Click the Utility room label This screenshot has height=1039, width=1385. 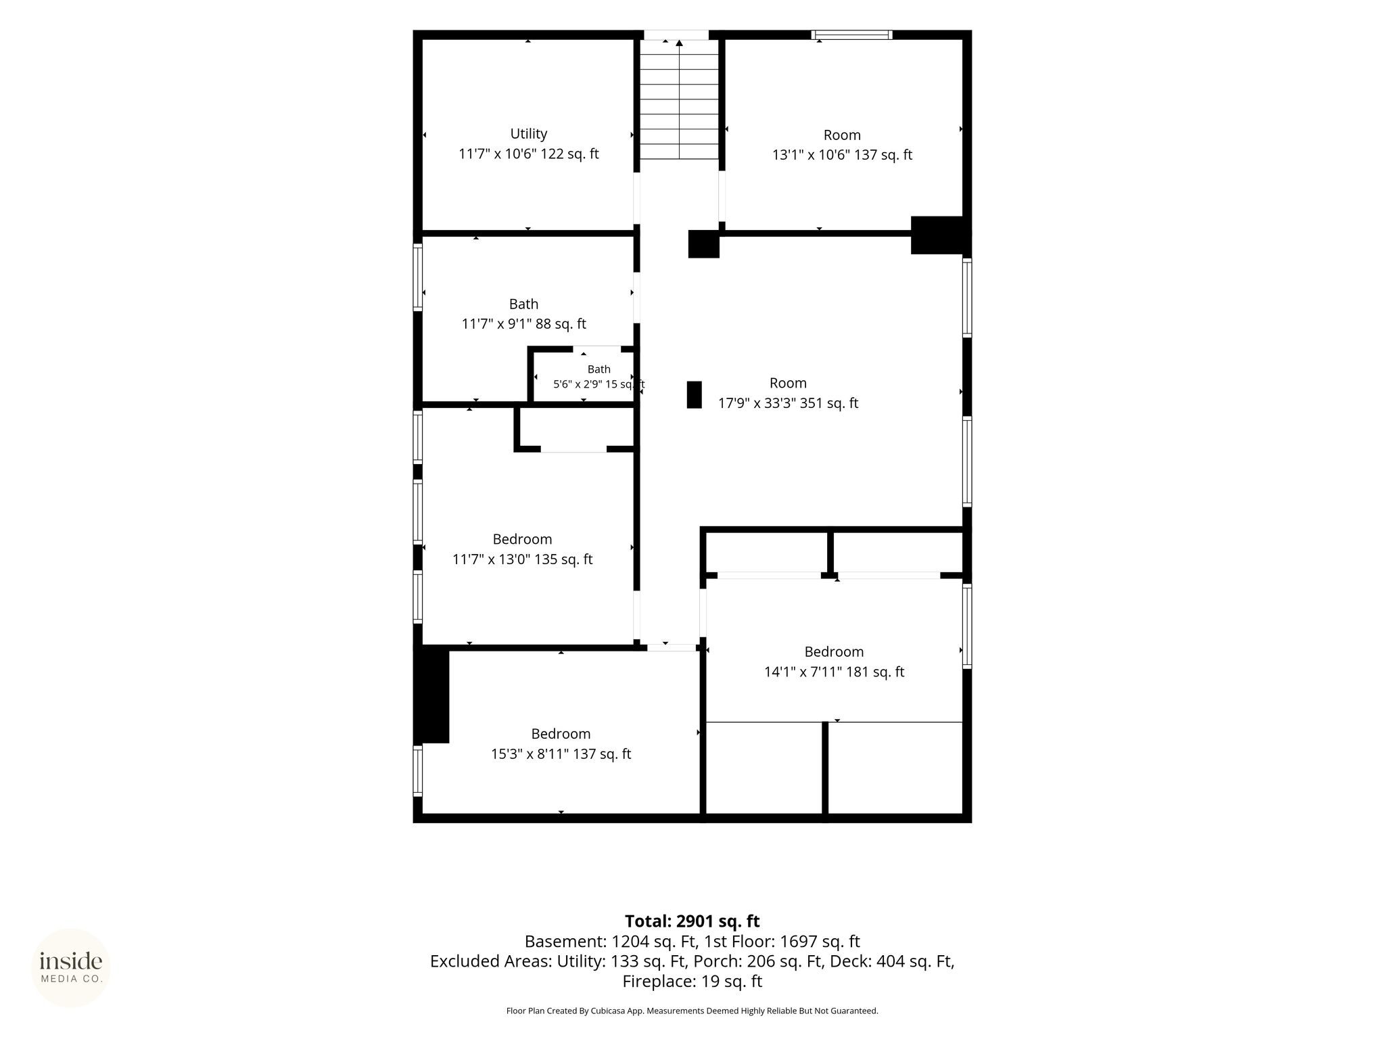coord(528,134)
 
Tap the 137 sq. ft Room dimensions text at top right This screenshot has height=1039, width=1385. coord(842,155)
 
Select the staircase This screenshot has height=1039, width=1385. coord(679,99)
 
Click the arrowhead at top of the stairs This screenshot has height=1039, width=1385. coord(679,43)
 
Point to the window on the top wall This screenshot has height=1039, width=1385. coord(852,34)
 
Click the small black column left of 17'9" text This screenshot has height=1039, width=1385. coord(695,394)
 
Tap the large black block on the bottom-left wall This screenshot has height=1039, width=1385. coord(431,694)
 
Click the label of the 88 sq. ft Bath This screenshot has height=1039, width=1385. coord(524,304)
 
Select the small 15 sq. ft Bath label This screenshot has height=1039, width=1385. coord(599,369)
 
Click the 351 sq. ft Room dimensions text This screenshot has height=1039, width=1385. coord(788,403)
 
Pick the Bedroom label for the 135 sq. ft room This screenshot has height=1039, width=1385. coord(522,539)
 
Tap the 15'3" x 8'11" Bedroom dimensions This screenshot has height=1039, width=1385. coord(561,754)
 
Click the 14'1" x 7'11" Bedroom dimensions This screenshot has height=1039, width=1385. coord(834,672)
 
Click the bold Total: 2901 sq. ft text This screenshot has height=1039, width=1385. coord(692,921)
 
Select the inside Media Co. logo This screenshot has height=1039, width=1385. coord(71,968)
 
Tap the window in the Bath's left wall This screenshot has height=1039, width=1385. coord(418,277)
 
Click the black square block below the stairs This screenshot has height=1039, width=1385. coord(703,244)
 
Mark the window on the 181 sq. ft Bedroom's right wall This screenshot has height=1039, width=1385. coord(967,626)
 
